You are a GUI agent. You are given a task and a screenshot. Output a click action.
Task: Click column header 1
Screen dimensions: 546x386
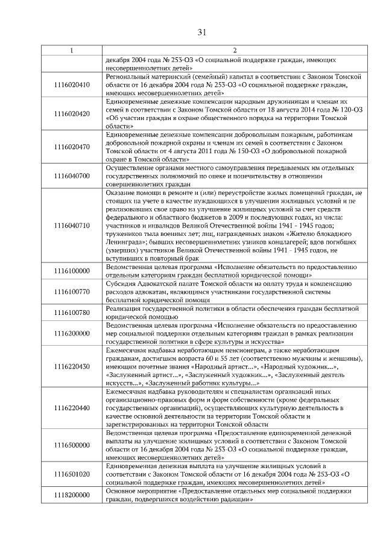coord(72,51)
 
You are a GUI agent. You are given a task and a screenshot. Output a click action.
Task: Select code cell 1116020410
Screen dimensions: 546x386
coord(72,85)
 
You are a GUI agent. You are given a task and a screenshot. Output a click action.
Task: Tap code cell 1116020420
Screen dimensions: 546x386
coord(72,113)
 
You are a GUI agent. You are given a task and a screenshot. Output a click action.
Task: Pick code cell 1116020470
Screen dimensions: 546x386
coord(72,147)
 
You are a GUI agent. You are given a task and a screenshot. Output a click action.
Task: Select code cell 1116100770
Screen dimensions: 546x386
coord(72,291)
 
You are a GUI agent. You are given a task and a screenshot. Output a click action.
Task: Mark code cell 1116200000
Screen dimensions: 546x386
coord(72,333)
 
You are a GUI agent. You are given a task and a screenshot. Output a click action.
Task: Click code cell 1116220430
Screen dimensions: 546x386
coord(72,366)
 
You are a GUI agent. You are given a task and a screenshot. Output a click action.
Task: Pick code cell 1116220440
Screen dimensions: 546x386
coord(72,408)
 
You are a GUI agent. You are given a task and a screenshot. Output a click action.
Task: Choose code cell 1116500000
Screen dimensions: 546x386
coord(72,445)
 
